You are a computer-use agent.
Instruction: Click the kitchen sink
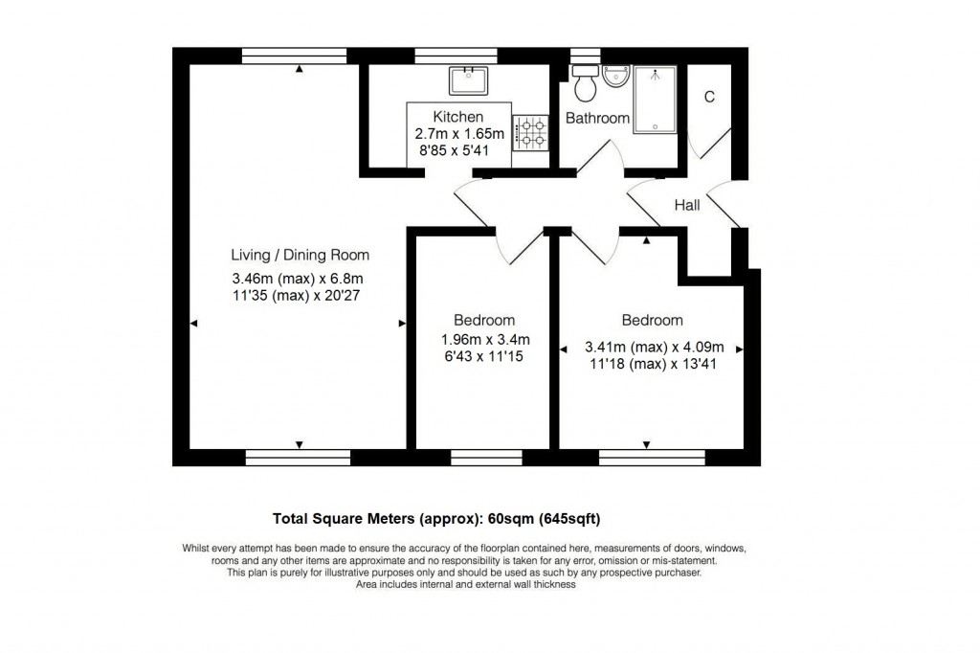468,80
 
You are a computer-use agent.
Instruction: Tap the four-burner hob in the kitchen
530,132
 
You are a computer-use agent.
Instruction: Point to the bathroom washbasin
617,76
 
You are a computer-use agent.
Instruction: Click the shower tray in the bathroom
655,100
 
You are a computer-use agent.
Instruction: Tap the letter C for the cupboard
709,97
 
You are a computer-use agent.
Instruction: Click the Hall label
687,205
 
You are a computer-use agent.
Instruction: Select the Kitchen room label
458,117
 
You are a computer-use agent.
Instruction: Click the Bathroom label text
597,118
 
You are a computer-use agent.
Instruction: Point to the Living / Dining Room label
300,256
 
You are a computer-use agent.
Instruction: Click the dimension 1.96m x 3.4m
485,340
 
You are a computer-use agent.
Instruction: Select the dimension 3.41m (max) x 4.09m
655,348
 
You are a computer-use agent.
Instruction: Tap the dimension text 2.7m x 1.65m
459,134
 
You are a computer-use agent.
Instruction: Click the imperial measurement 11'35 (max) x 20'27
297,296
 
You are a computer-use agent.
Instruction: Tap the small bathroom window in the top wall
586,56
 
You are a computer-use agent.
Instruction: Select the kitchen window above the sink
457,56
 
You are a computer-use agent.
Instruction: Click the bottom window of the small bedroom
486,458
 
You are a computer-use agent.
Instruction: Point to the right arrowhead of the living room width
402,324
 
